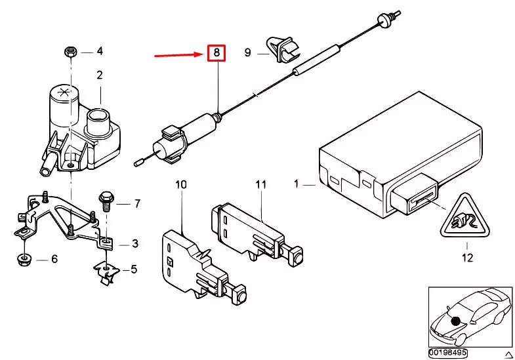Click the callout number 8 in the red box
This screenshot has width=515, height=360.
point(216,53)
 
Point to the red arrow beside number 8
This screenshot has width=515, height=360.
point(178,56)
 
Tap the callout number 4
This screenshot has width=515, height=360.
point(100,51)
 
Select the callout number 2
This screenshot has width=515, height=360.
point(100,75)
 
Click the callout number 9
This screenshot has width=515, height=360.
point(248,52)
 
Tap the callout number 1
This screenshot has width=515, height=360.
point(296,186)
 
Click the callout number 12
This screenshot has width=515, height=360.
point(466,258)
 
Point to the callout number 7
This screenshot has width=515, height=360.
point(136,204)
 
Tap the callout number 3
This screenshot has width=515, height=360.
point(134,244)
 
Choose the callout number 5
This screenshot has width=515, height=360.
point(134,269)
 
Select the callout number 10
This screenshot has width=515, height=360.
point(180,186)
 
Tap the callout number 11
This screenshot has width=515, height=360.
point(260,186)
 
